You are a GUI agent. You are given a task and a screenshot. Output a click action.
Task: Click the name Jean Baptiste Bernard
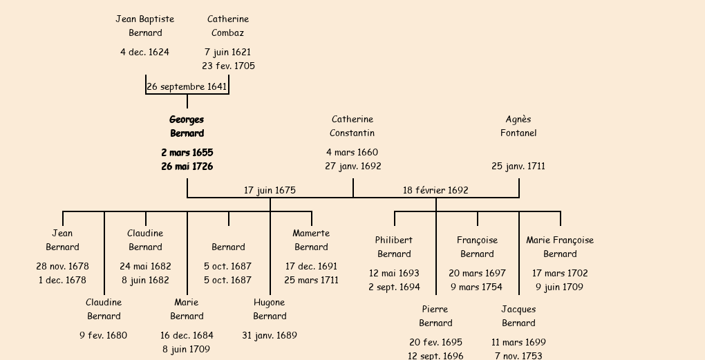[145, 26]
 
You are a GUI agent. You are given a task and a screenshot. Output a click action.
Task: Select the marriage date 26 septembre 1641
[187, 86]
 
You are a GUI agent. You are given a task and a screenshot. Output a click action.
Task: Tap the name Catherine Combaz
[228, 26]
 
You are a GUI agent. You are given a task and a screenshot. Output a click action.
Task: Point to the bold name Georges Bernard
[187, 126]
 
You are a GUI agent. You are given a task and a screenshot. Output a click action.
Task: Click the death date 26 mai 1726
[187, 167]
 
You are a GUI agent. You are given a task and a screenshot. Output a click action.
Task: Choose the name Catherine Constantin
[352, 126]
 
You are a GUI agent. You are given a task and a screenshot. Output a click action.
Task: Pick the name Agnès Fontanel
[518, 126]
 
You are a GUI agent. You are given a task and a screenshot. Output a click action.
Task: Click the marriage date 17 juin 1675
[270, 190]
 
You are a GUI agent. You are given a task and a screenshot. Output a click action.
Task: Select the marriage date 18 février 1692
[435, 190]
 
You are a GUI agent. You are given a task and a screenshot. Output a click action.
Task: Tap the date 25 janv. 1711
[518, 167]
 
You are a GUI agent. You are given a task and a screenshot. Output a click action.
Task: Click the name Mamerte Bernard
[311, 240]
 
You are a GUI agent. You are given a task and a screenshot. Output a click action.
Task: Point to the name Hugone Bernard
[270, 309]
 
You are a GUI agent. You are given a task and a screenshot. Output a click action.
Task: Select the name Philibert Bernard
[394, 247]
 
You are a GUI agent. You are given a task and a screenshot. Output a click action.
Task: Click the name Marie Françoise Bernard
[560, 247]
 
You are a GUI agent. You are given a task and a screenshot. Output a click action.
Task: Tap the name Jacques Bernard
[518, 316]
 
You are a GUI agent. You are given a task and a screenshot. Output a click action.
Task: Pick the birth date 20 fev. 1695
[435, 342]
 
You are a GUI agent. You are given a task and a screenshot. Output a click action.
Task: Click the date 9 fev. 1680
[104, 335]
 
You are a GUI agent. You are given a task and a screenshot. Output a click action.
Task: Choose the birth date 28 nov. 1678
[62, 266]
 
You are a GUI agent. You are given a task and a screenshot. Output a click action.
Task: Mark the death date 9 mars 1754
[477, 287]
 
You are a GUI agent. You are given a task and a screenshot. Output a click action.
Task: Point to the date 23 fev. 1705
[228, 66]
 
